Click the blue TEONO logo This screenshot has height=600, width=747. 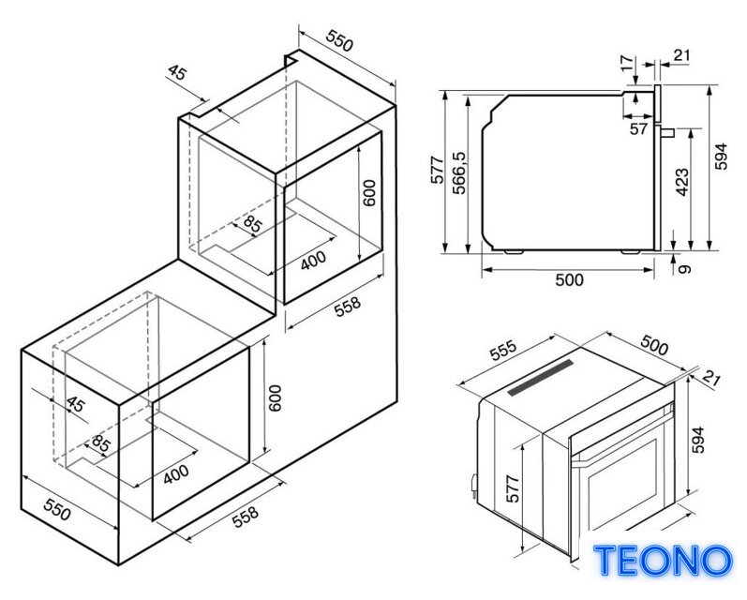tap(663, 560)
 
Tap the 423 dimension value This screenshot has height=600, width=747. tap(681, 182)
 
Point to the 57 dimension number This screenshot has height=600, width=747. tap(638, 128)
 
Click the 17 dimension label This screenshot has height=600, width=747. tap(628, 64)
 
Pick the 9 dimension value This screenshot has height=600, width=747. tap(683, 269)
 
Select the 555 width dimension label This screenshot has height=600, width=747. tap(502, 351)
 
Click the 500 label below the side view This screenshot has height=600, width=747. tap(569, 279)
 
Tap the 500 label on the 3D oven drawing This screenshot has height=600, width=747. tap(654, 345)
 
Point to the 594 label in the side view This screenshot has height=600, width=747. tap(722, 156)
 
